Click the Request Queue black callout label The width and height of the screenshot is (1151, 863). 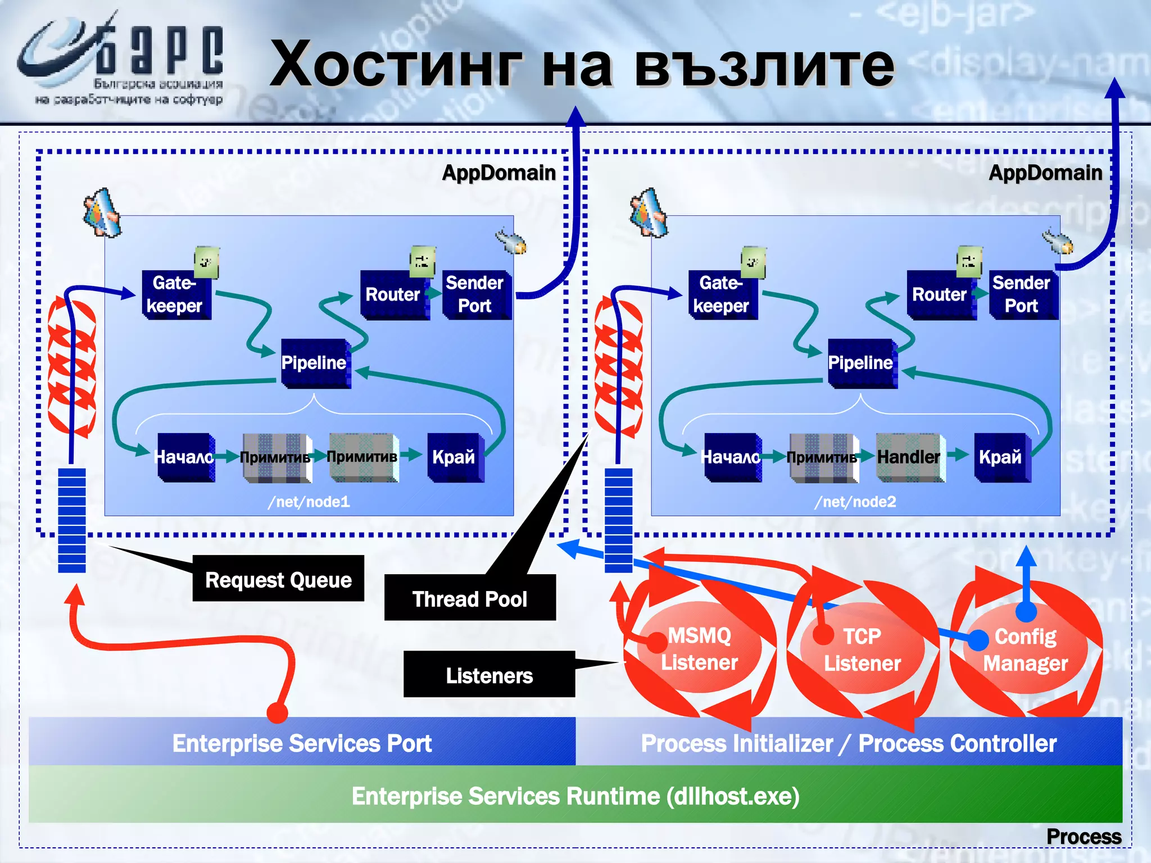coord(278,579)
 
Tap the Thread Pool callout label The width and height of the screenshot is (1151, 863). coord(470,598)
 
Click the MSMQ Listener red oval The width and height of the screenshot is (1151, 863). coord(699,649)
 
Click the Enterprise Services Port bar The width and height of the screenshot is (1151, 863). coord(302,742)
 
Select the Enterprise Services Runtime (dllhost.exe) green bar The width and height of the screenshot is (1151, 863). coord(575,795)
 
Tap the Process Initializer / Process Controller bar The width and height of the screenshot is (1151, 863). coord(849,742)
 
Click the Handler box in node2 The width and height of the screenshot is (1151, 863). coord(909,457)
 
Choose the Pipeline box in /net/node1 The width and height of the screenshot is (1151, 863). coord(314,362)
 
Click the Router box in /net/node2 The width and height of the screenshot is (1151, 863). coord(939,294)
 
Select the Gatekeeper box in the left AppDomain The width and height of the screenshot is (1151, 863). coord(175,294)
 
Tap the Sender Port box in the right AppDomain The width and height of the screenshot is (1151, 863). coord(1021,294)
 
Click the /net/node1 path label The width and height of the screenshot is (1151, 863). coord(309,501)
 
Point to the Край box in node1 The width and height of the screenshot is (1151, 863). coord(454,457)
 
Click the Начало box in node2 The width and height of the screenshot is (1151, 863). coord(731,457)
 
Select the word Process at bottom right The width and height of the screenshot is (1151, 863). coord(1083,836)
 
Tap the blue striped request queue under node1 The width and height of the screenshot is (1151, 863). coord(72,520)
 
